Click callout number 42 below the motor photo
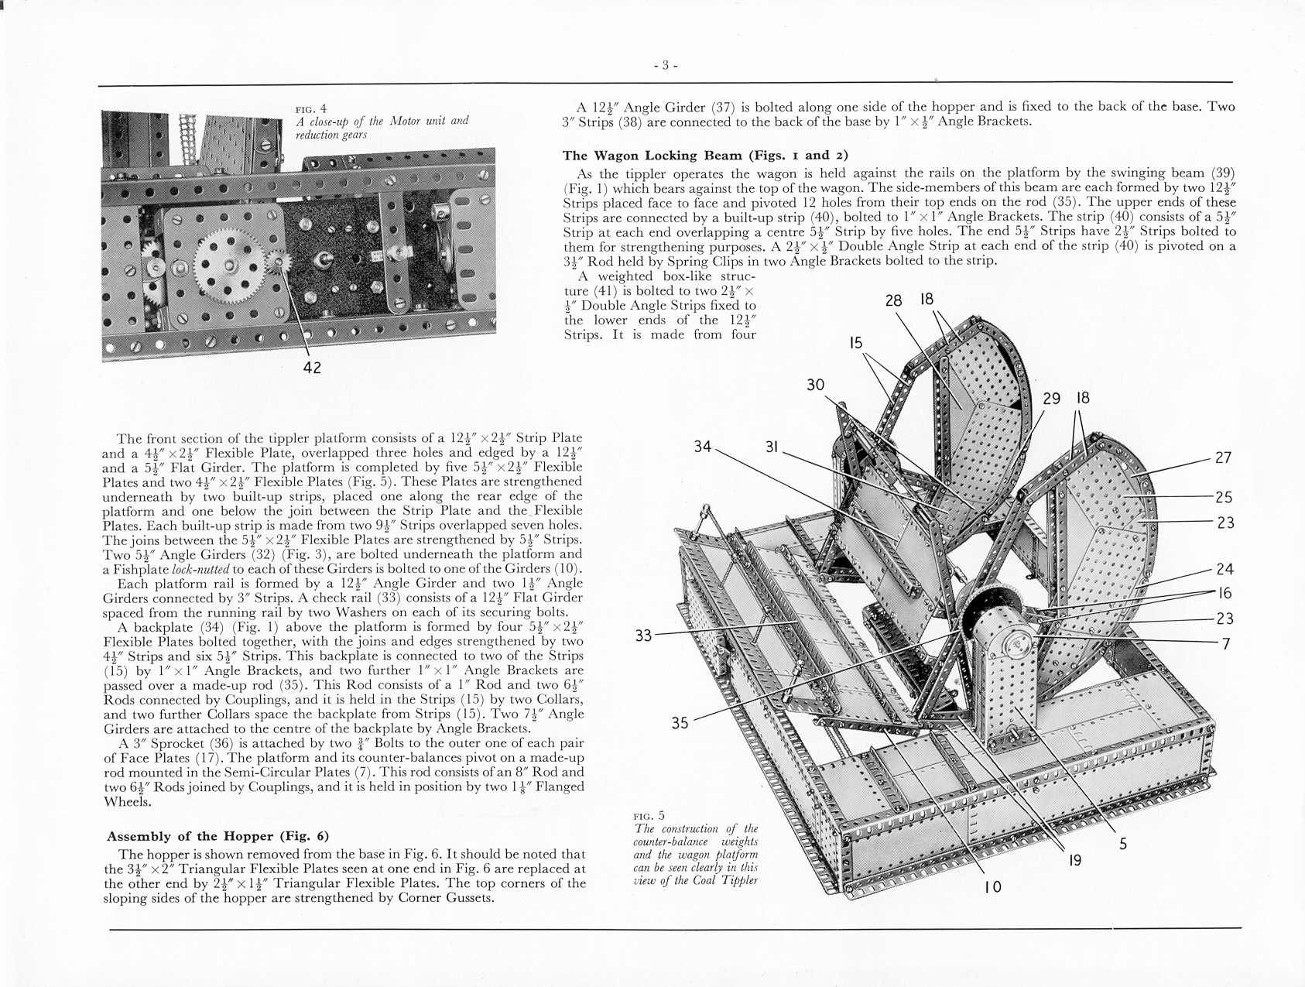[x=312, y=368]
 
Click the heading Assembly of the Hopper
[x=217, y=836]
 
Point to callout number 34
[x=703, y=447]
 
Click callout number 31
[x=772, y=447]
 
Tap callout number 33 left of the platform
[x=643, y=636]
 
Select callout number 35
[x=680, y=723]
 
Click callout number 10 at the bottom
[x=992, y=887]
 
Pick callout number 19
[x=1075, y=860]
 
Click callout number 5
[x=1123, y=844]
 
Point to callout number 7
[x=1225, y=643]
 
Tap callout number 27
[x=1223, y=458]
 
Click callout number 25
[x=1224, y=497]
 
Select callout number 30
[x=816, y=385]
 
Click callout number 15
[x=855, y=343]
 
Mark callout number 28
[x=893, y=300]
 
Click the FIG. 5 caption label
[x=649, y=815]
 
